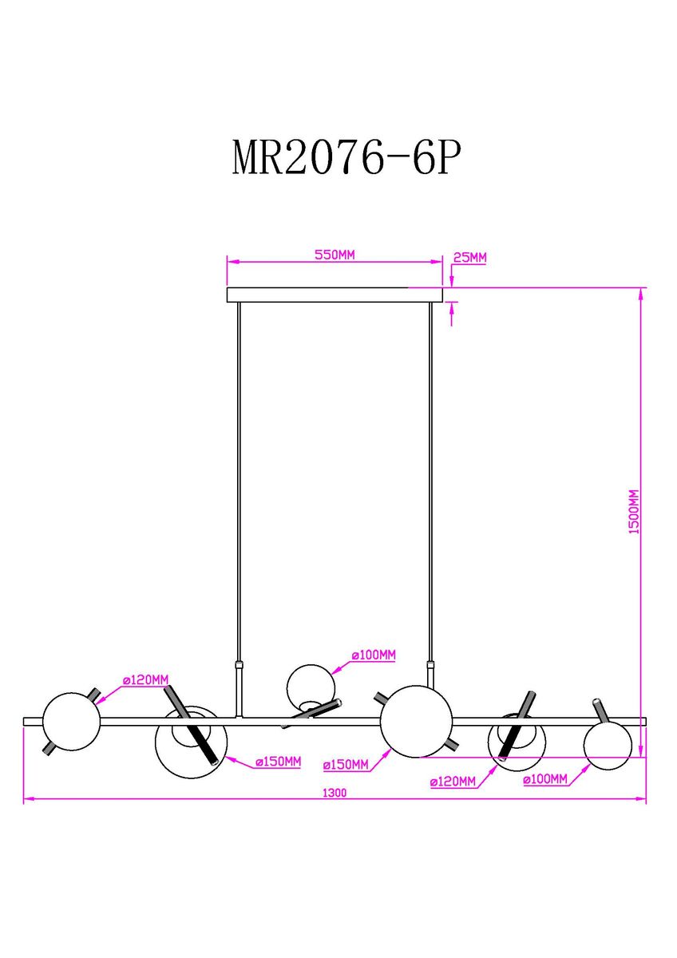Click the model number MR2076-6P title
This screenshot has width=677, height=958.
[x=346, y=157]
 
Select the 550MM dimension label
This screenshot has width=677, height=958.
[x=335, y=255]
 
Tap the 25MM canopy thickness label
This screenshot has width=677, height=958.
[x=469, y=257]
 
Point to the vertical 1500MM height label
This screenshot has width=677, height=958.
[x=634, y=512]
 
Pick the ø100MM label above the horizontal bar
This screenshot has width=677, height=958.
[x=374, y=655]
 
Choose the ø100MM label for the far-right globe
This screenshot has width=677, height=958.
[x=545, y=779]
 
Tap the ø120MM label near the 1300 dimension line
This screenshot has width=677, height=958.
[x=453, y=782]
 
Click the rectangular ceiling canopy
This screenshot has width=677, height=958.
[x=335, y=295]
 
